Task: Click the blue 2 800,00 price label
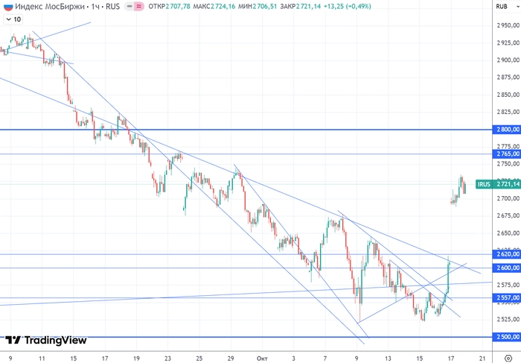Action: [x=506, y=130]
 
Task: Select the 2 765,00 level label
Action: [x=506, y=154]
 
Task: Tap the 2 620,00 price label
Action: [x=506, y=254]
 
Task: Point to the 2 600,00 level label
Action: [x=506, y=268]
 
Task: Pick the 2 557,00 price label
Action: [x=506, y=297]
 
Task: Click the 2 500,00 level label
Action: [x=506, y=337]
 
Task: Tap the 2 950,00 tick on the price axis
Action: [x=506, y=25]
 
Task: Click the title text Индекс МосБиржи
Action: [x=45, y=7]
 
